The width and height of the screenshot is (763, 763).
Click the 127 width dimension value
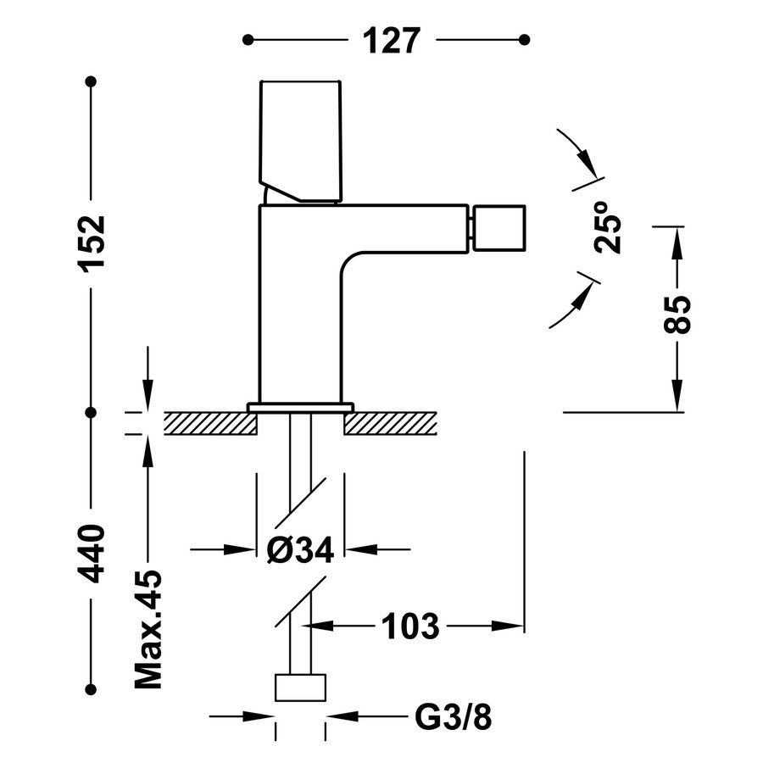(392, 40)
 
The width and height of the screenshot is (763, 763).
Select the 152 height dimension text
(92, 243)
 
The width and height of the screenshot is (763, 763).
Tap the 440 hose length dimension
(92, 552)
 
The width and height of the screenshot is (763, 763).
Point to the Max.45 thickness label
(148, 628)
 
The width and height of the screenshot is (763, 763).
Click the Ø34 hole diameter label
(300, 550)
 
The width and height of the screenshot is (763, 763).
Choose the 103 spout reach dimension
(409, 627)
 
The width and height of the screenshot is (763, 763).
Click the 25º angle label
(609, 228)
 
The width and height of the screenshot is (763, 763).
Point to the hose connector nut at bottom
(301, 688)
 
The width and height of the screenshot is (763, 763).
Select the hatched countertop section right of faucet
(391, 422)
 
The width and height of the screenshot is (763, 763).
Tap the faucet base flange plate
(300, 407)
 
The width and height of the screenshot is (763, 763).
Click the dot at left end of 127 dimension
(248, 40)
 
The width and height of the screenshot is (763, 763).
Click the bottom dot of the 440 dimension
(92, 688)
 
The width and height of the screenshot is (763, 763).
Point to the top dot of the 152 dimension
(92, 81)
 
